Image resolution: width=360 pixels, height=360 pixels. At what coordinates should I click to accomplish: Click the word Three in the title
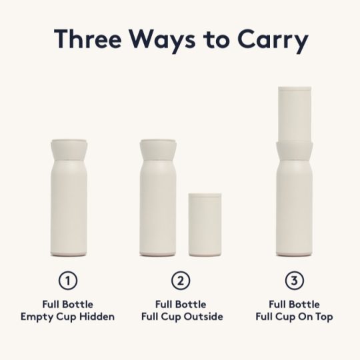(x=88, y=39)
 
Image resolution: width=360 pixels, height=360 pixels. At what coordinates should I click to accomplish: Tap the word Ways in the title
(x=163, y=41)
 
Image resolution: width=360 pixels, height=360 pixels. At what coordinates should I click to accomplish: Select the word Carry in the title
(x=273, y=41)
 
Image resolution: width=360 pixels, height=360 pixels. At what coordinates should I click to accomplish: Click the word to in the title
(x=217, y=39)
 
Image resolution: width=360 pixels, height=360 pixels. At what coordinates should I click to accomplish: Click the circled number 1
(x=68, y=281)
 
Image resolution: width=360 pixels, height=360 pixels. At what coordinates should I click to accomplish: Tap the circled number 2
(x=181, y=281)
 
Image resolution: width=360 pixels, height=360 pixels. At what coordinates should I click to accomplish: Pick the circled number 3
(x=295, y=281)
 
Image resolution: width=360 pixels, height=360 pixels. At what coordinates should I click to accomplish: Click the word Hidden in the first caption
(x=97, y=317)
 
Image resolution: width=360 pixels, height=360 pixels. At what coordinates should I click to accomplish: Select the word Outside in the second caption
(x=203, y=317)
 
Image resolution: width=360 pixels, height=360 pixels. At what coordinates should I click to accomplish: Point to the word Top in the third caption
(x=324, y=317)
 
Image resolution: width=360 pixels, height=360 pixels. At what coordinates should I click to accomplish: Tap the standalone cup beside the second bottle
(x=205, y=225)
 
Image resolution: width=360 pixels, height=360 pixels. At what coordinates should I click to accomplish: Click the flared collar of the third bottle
(x=295, y=153)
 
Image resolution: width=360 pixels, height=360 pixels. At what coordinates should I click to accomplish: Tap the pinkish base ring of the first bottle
(x=69, y=255)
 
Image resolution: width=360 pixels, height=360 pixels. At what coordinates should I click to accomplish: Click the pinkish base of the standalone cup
(x=205, y=255)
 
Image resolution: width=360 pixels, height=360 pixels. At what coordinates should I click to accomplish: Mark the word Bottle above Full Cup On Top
(x=306, y=305)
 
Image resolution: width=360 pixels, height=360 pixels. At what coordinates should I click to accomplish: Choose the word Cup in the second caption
(x=171, y=317)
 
